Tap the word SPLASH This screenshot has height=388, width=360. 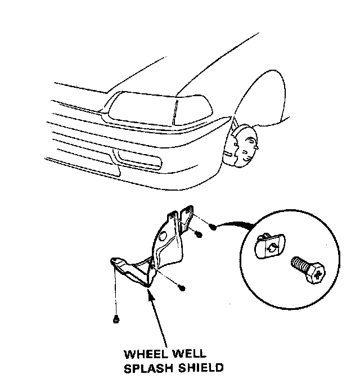point(148,368)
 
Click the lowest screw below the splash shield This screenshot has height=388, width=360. point(115,320)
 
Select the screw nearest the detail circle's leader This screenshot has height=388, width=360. point(213,227)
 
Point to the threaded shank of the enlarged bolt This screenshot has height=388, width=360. point(298,264)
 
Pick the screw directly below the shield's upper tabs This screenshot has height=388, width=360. point(199,234)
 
